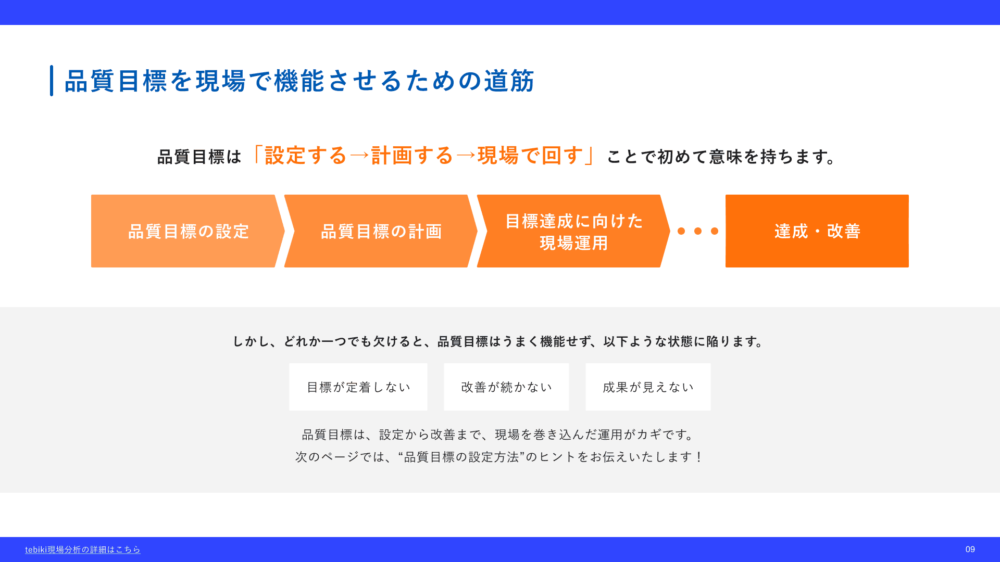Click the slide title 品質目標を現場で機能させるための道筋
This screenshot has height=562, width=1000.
click(299, 81)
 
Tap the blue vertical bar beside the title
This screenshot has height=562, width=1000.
click(52, 81)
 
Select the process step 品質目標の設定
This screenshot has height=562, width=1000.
click(188, 231)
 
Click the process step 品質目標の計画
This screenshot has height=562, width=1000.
click(381, 231)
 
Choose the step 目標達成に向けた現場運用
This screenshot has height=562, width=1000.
click(573, 231)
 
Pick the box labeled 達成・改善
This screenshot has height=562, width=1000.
click(817, 231)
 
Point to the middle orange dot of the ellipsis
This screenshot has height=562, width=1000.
click(698, 231)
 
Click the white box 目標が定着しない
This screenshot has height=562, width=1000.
click(358, 387)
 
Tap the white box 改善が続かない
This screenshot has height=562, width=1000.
click(506, 387)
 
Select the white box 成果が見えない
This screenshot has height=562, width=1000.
click(648, 387)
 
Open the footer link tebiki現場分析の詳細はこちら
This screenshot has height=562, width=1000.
click(83, 550)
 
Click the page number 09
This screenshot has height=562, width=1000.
click(970, 550)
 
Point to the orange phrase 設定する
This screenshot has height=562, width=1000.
click(306, 156)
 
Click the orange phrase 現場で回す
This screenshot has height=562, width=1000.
click(530, 156)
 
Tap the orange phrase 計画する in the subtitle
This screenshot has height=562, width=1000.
click(412, 156)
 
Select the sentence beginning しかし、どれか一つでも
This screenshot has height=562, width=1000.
click(498, 341)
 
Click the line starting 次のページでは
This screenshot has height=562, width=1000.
click(499, 457)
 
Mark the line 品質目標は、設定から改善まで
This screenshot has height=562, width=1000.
click(499, 435)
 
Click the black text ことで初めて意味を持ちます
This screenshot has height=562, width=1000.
click(722, 157)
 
